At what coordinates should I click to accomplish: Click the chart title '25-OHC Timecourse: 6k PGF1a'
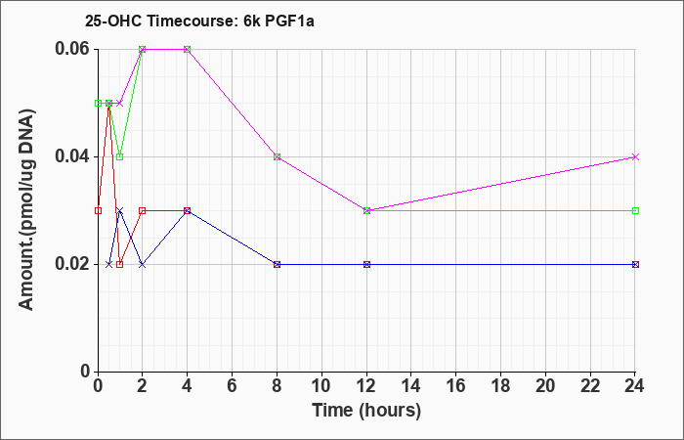tap(199, 22)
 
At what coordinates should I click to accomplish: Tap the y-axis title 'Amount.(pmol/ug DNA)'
tap(26, 210)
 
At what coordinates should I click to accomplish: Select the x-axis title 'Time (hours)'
tap(366, 411)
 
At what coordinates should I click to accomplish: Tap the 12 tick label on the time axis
tap(366, 386)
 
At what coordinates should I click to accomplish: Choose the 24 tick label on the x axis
tap(635, 386)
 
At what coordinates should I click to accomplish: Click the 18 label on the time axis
tap(500, 386)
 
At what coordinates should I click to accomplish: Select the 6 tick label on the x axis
tap(233, 386)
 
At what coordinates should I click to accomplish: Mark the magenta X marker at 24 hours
tap(635, 156)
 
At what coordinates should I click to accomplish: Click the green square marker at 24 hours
tap(635, 211)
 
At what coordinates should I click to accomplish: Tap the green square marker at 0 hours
tap(98, 103)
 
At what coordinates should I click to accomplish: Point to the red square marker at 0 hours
tap(98, 211)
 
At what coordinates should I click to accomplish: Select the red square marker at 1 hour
tap(120, 265)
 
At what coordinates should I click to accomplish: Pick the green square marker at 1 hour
tap(120, 156)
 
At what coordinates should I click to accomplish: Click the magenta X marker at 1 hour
tap(120, 103)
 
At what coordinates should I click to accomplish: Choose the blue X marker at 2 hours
tap(143, 265)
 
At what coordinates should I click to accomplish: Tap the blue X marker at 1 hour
tap(120, 211)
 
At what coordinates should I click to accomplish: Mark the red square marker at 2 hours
tap(143, 211)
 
